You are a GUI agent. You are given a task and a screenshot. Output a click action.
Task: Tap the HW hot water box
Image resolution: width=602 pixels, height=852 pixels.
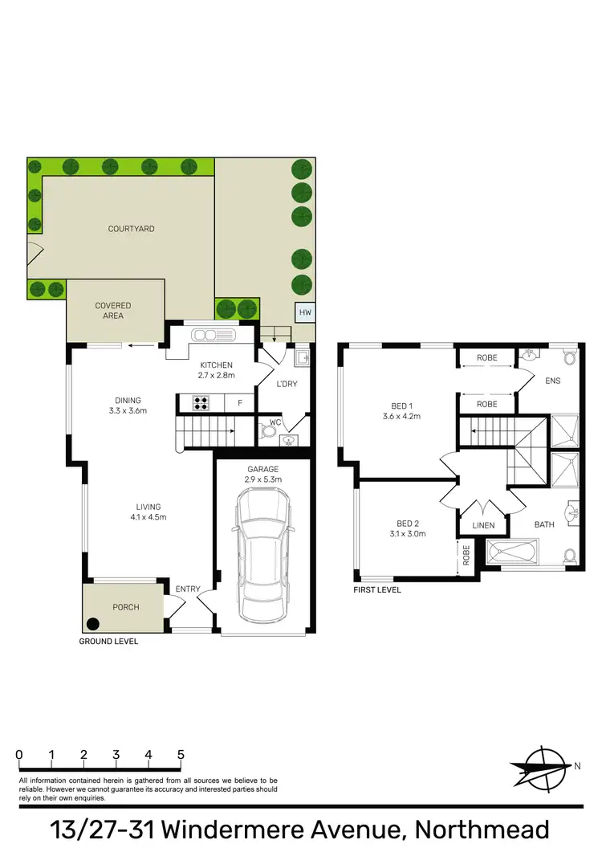click(305, 312)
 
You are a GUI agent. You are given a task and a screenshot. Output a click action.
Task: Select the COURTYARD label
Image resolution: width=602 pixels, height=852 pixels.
click(131, 229)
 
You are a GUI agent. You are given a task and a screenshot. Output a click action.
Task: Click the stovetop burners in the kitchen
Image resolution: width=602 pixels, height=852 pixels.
click(200, 402)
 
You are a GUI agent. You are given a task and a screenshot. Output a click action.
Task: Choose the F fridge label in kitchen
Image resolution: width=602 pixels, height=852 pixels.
click(238, 402)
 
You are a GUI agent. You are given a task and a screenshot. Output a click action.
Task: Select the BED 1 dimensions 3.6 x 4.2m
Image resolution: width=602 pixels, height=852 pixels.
click(401, 417)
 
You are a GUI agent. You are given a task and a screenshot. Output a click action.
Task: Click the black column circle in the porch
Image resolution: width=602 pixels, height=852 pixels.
click(93, 622)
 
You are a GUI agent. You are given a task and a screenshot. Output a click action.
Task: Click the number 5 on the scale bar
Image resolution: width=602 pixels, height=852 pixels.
click(181, 755)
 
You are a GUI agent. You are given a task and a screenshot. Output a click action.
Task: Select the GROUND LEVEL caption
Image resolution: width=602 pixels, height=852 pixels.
click(108, 642)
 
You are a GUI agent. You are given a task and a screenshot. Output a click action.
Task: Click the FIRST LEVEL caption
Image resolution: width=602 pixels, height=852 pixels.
click(377, 590)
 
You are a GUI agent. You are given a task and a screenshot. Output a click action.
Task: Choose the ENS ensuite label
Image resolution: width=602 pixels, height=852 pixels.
click(552, 381)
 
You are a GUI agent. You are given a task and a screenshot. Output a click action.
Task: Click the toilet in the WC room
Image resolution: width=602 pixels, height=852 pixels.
click(269, 431)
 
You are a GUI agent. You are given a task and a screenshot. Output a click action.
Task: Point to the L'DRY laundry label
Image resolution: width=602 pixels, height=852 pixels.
click(286, 384)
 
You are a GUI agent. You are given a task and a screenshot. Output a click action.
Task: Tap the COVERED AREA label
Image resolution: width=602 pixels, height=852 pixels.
click(112, 311)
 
